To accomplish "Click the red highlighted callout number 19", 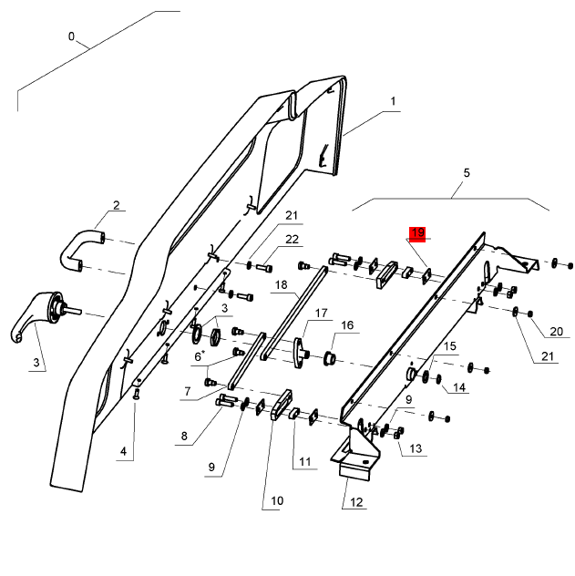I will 417,234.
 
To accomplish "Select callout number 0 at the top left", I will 71,36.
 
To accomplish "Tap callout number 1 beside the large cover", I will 394,101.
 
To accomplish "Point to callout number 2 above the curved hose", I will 116,204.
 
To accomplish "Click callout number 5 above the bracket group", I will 467,172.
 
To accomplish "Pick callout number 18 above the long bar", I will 281,285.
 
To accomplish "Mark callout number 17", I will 321,314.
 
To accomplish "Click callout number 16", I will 347,325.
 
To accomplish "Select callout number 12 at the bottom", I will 355,502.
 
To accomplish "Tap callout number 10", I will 277,500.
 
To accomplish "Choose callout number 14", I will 459,387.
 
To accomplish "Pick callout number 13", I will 416,448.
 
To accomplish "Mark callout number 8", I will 183,437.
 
